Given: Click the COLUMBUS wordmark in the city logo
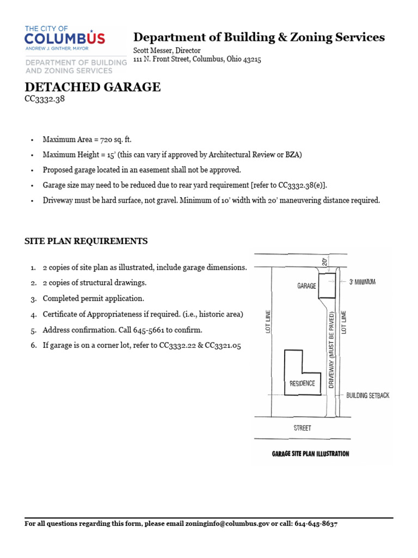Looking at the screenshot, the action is click(x=65, y=39).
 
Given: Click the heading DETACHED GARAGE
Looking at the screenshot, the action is click(x=93, y=87).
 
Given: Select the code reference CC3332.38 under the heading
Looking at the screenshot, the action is click(x=45, y=100).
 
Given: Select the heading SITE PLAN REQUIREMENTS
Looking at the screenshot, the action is click(x=86, y=241).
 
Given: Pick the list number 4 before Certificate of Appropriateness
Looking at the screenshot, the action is click(x=33, y=314).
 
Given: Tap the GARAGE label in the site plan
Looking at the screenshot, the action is click(x=307, y=286).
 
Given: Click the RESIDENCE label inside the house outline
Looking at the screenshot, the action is click(x=302, y=383).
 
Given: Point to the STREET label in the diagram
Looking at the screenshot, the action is click(x=303, y=428).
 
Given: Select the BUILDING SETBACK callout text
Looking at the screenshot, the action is click(x=368, y=396).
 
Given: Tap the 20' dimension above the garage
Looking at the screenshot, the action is click(x=325, y=262).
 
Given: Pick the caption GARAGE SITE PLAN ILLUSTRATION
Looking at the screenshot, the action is click(x=310, y=453).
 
